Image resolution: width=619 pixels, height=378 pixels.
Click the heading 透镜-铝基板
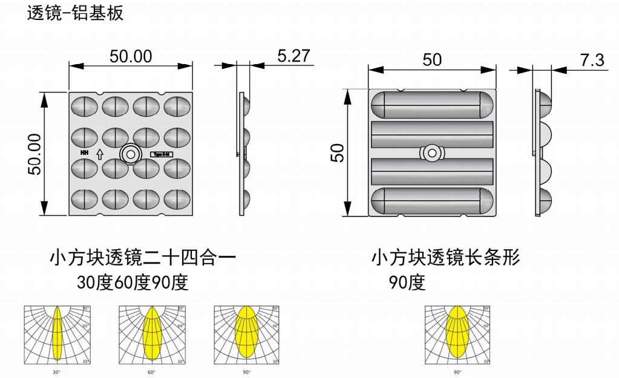point(76,13)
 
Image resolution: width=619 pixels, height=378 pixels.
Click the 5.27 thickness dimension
point(293,56)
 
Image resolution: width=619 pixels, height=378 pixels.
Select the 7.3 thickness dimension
point(592,60)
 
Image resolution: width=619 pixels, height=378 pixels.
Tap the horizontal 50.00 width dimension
point(131,56)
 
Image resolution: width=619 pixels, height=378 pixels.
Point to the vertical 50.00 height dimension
point(36,154)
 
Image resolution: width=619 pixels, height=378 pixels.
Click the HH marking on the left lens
point(84,154)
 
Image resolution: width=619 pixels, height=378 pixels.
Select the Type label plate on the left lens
point(164,154)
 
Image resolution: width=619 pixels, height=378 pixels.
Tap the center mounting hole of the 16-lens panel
point(129,154)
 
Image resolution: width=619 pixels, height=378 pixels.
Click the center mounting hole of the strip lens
point(431,154)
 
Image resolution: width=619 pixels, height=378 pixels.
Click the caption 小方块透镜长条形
point(445,258)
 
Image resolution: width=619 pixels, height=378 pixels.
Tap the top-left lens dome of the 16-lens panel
point(84,107)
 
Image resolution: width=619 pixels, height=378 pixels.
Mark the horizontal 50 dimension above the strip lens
point(432,60)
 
